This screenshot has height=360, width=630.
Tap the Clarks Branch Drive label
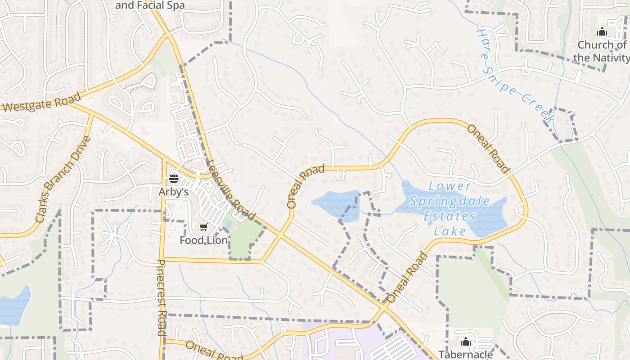tap(63, 180)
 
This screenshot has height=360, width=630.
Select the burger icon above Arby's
tap(173, 179)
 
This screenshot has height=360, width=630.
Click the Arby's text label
tap(173, 192)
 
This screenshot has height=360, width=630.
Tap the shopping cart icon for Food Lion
tap(204, 227)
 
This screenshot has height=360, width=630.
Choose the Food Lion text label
tap(204, 240)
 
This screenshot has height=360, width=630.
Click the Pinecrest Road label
tap(162, 297)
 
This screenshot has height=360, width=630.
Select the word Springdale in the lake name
tap(450, 201)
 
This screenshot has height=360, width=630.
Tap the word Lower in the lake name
tap(450, 186)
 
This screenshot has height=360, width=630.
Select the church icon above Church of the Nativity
tap(602, 32)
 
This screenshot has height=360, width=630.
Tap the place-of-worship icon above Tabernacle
tap(466, 342)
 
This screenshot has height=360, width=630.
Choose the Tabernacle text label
tap(466, 355)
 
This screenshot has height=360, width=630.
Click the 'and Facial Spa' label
tap(150, 5)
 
